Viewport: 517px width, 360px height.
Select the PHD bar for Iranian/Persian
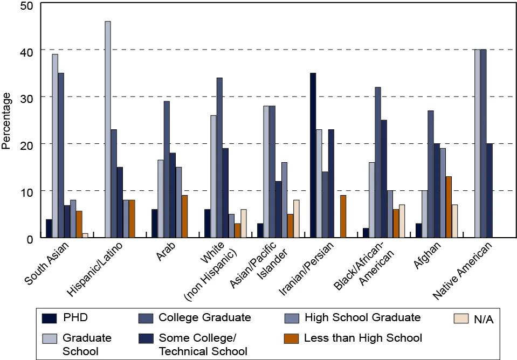313,155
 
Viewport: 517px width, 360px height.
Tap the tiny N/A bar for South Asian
85,236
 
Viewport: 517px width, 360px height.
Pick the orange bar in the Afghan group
449,207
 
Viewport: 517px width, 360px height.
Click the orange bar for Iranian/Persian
343,216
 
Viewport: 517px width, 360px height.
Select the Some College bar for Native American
489,191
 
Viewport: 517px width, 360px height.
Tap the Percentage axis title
6,121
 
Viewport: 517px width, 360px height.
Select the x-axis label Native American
464,271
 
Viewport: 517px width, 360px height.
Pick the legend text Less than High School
363,338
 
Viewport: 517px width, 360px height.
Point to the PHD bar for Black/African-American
366,233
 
